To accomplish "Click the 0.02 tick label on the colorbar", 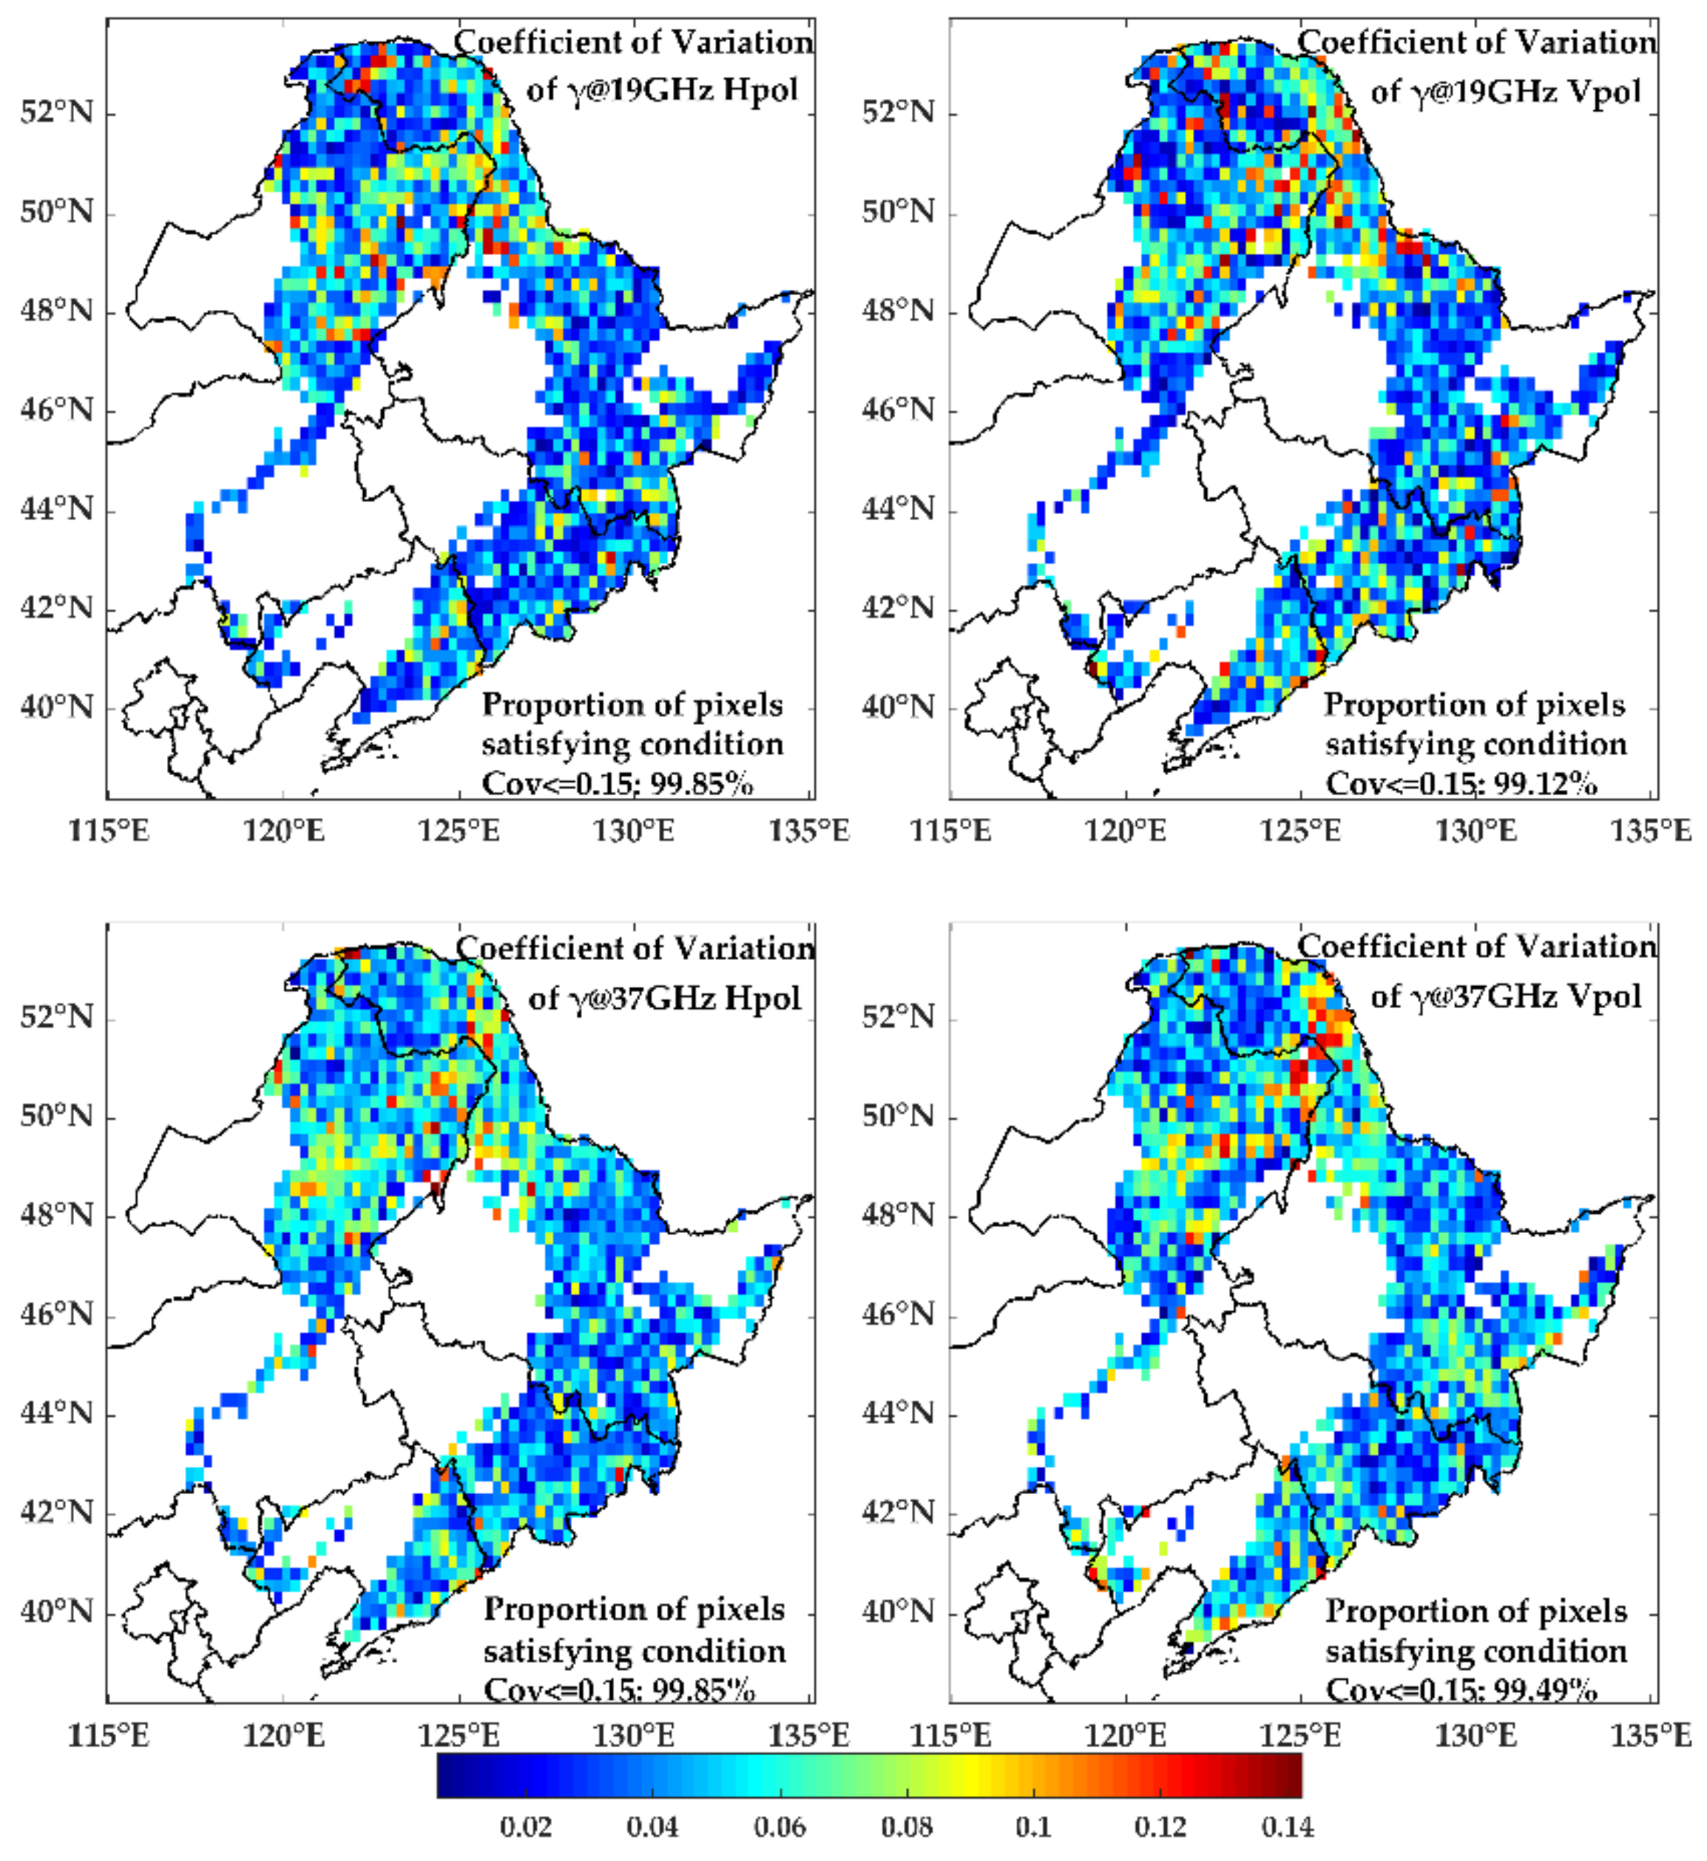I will pos(526,1827).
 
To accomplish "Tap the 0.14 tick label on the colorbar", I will pos(1285,1827).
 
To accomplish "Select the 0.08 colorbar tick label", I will pos(905,1827).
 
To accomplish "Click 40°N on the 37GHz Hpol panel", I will pos(56,1612).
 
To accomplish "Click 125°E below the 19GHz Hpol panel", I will pos(459,831).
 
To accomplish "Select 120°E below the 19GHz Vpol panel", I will pos(1126,831).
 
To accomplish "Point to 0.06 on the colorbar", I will pos(779,1827).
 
